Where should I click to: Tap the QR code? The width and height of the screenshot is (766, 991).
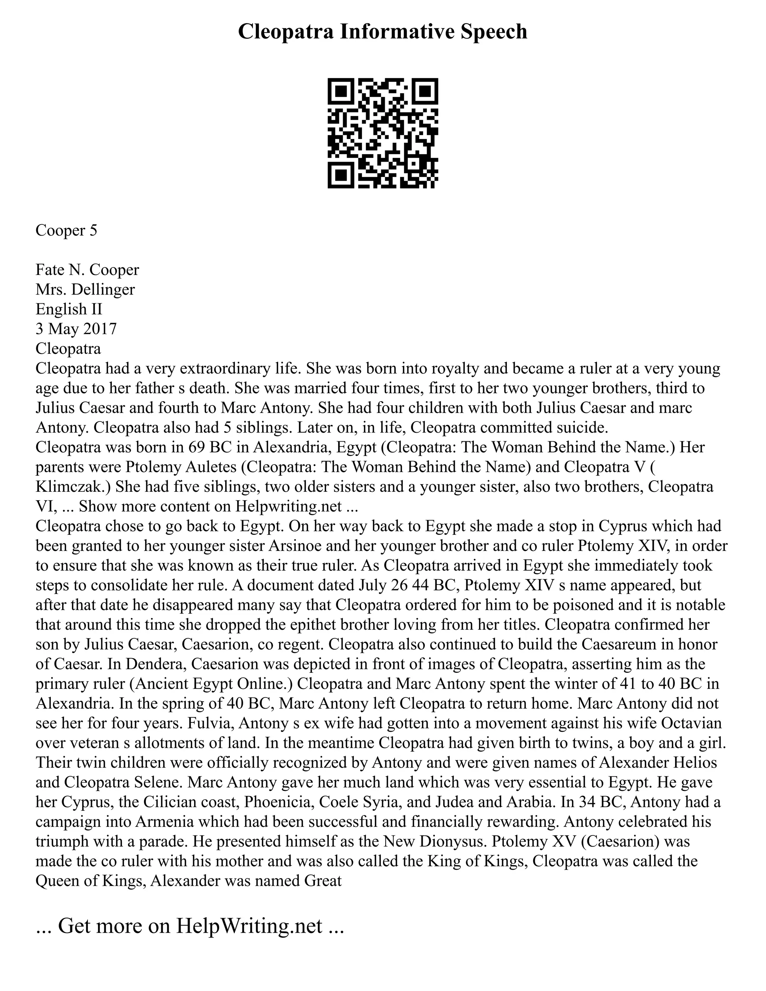click(x=383, y=133)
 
